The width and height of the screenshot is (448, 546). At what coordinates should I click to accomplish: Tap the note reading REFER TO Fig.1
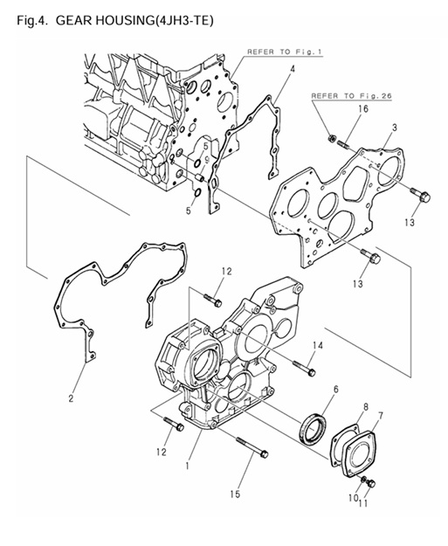tap(285, 52)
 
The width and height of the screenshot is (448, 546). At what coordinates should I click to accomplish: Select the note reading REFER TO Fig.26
tap(348, 93)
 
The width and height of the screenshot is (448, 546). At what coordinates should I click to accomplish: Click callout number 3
tap(395, 128)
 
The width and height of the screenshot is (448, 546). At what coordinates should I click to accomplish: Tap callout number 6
tap(335, 389)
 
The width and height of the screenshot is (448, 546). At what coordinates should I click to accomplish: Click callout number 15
tap(233, 494)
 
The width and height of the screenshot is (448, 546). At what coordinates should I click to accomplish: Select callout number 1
tap(186, 466)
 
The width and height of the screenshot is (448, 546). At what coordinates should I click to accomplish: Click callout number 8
tap(366, 406)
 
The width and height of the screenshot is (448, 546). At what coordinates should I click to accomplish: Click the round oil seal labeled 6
tap(314, 431)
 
